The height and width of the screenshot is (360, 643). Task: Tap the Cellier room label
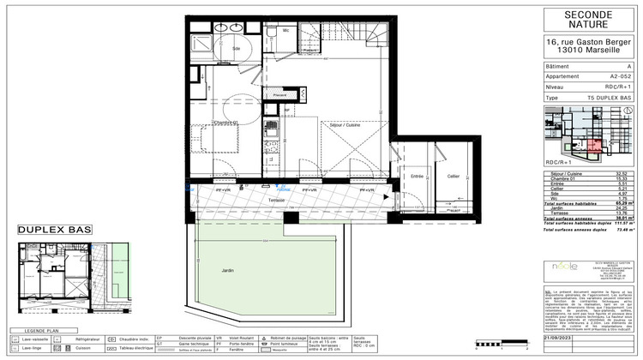(453, 176)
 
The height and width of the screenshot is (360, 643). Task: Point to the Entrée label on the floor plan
(418, 175)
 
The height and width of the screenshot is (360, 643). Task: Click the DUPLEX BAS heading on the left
(48, 231)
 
